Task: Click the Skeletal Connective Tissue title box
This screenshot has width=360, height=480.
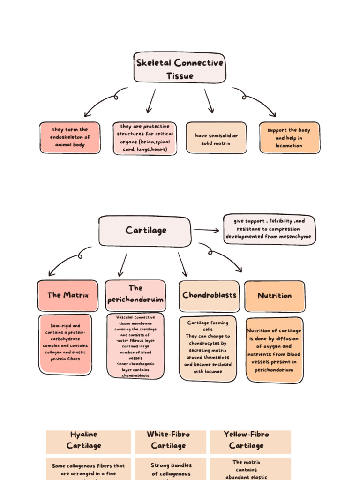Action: click(180, 68)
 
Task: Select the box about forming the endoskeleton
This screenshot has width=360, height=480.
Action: click(70, 138)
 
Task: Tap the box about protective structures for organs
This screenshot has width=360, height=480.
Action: click(145, 138)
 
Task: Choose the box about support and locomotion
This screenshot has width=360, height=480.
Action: click(289, 138)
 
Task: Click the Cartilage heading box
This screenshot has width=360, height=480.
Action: click(145, 231)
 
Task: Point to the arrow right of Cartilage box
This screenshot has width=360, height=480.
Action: click(206, 230)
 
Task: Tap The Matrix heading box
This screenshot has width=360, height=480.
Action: click(68, 295)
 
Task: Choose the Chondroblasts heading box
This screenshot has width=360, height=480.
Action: click(209, 295)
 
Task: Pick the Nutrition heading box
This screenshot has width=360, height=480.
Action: click(275, 296)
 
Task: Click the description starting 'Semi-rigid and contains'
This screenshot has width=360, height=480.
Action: click(66, 344)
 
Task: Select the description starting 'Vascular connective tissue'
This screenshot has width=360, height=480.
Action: click(135, 346)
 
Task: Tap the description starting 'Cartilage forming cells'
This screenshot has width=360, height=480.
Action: click(208, 347)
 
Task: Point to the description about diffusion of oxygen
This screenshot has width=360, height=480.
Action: click(274, 350)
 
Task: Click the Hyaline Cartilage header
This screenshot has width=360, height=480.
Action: click(84, 440)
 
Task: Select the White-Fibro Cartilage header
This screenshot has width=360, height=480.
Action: click(169, 440)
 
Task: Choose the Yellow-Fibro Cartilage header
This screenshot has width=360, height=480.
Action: click(247, 440)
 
